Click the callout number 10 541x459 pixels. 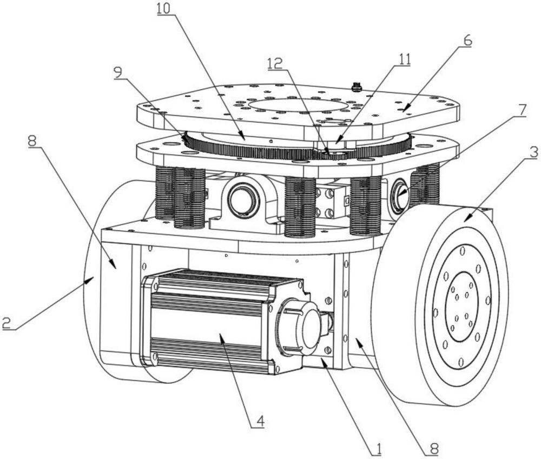pyautogui.click(x=164, y=9)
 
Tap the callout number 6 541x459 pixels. pyautogui.click(x=467, y=41)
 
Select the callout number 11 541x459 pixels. pyautogui.click(x=404, y=59)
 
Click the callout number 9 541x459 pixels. pyautogui.click(x=118, y=74)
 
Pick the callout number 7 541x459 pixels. pyautogui.click(x=522, y=110)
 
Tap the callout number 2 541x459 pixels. pyautogui.click(x=7, y=323)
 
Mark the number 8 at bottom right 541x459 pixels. pyautogui.click(x=434, y=449)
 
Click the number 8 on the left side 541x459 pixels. pyautogui.click(x=32, y=141)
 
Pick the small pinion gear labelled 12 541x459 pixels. pyautogui.click(x=333, y=154)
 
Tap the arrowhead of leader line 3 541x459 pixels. pyautogui.click(x=466, y=219)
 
